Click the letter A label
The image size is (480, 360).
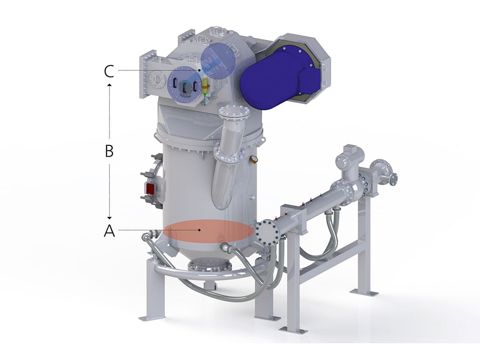click(x=109, y=230)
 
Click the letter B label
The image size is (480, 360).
click(x=109, y=151)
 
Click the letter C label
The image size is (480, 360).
click(x=109, y=72)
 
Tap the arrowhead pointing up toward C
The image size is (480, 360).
click(x=110, y=84)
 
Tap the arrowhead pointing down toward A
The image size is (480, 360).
click(x=110, y=218)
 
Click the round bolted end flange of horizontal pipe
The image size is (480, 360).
click(x=267, y=233)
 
